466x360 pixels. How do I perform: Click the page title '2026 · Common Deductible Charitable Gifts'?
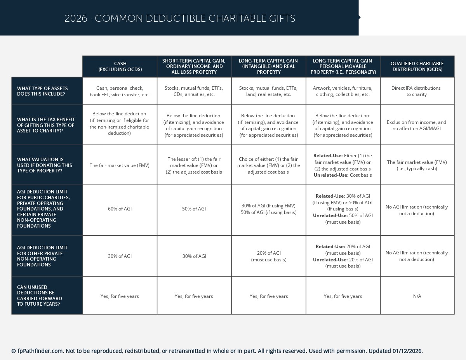tap(180, 18)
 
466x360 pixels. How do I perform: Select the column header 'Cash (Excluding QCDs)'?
tap(120, 66)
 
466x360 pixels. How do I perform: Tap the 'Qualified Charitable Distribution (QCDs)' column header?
tap(417, 66)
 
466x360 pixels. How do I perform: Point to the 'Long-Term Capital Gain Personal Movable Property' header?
tap(343, 66)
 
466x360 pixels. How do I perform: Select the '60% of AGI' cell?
tap(120, 209)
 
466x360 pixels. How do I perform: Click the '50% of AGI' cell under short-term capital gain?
tap(194, 209)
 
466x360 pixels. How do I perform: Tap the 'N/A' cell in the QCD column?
tap(417, 296)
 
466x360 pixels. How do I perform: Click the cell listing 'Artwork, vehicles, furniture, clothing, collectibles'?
tap(343, 91)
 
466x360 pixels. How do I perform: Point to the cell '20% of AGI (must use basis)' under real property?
tap(269, 256)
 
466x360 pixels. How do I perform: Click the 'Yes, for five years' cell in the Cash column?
tap(120, 296)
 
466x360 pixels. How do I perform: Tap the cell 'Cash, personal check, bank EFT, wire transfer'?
tap(120, 91)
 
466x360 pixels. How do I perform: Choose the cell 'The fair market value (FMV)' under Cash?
tap(120, 165)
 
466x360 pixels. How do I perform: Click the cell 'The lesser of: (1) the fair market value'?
tap(194, 165)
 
